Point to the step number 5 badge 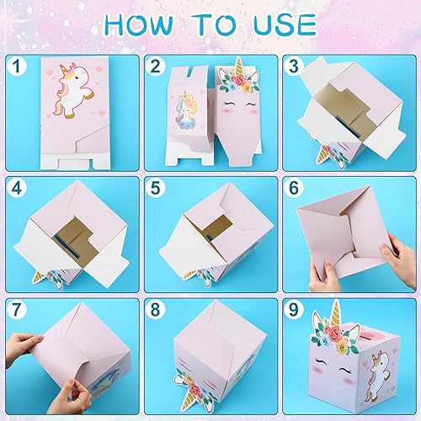(x=154, y=187)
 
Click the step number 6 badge (x=294, y=187)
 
